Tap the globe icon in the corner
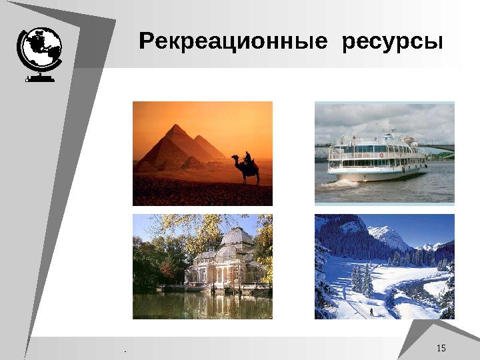[x=39, y=50]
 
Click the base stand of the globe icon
[x=39, y=78]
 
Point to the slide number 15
[x=441, y=349]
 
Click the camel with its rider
[x=247, y=168]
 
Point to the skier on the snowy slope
[x=371, y=311]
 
